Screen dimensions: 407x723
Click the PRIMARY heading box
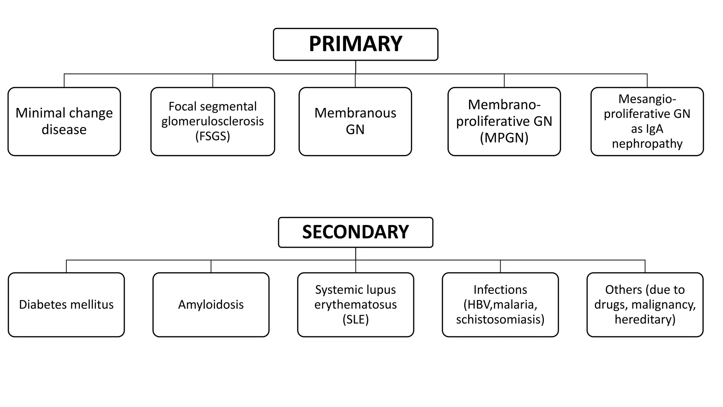coord(355,44)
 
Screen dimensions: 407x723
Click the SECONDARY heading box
coord(355,232)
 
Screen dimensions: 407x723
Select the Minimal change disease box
coord(64,121)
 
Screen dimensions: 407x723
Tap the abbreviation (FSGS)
coord(213,136)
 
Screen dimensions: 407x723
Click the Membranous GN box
coord(355,121)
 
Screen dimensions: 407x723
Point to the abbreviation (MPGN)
coord(504,138)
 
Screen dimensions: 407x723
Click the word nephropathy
coord(647,143)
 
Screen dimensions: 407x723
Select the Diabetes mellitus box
coord(66,305)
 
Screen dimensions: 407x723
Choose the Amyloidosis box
coord(211,305)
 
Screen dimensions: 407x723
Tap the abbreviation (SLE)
coord(355,319)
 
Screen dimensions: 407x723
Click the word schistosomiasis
coord(500,319)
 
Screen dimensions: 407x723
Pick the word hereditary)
coord(645,319)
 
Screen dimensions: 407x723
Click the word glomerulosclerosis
coord(213,121)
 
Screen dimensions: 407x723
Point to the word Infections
coord(500,290)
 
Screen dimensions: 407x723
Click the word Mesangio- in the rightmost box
coord(647,99)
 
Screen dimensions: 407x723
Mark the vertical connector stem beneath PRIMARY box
coord(355,67)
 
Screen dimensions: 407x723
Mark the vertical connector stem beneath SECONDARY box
coord(355,254)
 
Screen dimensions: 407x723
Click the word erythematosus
coord(355,305)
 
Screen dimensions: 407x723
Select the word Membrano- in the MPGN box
coord(504,105)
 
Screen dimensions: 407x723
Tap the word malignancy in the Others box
coord(663,305)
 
